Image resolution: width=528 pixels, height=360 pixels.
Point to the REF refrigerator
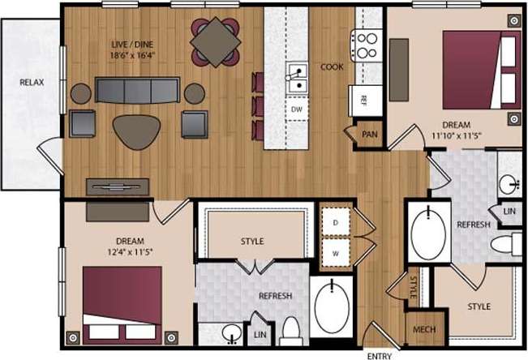click(363, 101)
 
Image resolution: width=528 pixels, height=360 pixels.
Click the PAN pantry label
click(370, 135)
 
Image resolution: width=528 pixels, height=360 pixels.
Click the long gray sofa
click(137, 91)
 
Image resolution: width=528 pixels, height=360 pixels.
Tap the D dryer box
click(334, 221)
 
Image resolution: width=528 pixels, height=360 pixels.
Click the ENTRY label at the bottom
click(380, 355)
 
